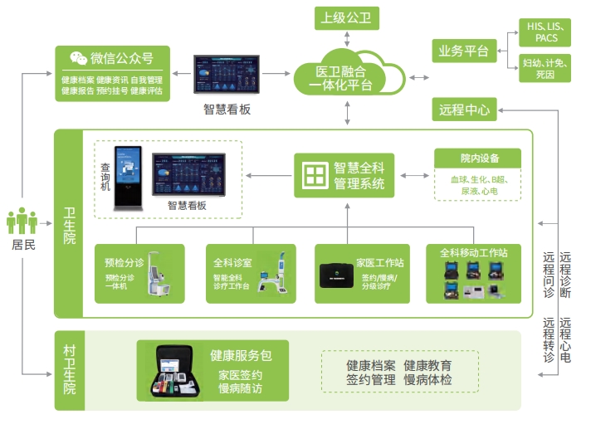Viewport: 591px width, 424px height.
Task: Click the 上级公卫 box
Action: pos(347,17)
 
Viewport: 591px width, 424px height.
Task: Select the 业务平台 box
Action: pos(464,51)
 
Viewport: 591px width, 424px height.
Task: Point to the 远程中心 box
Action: pos(464,109)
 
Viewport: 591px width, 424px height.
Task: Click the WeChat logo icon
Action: pos(78,58)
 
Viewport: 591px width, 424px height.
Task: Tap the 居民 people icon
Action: pos(22,222)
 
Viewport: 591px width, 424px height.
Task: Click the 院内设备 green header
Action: pos(479,158)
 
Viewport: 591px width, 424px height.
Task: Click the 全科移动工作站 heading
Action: pos(473,252)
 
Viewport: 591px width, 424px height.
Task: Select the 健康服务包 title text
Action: pos(241,355)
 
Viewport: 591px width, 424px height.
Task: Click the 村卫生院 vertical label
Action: pos(70,370)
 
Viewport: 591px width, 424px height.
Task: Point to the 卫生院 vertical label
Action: pos(70,225)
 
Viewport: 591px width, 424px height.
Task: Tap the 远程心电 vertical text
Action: pos(565,340)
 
